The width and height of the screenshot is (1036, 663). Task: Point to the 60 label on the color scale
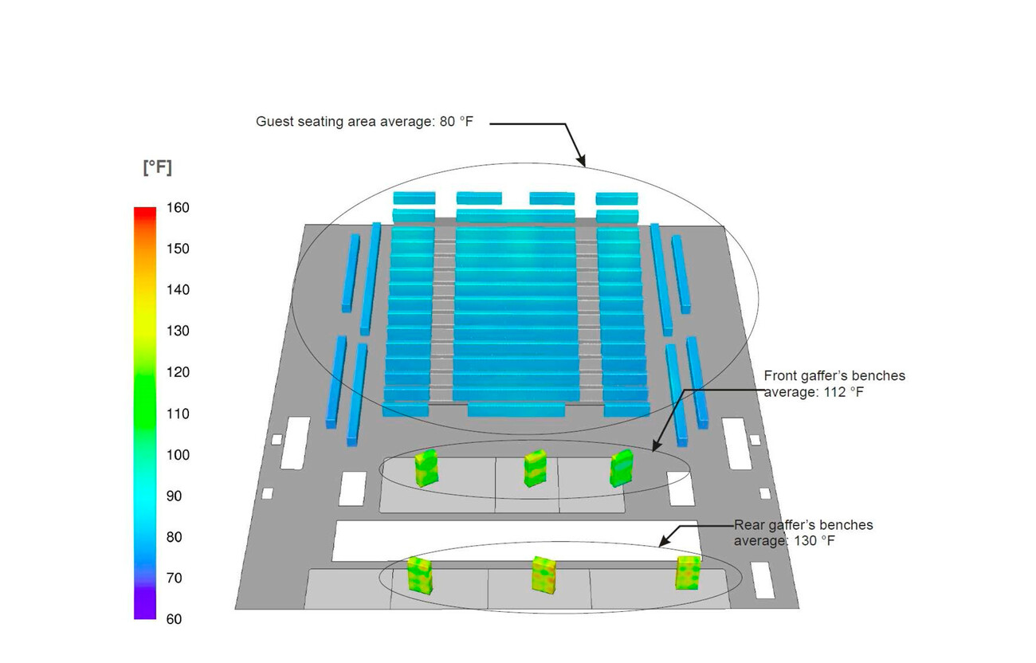tap(173, 619)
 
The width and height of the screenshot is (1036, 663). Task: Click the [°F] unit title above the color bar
tap(157, 168)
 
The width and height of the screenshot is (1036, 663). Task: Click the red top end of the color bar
tap(145, 211)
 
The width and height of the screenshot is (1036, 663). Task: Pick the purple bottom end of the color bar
tap(145, 614)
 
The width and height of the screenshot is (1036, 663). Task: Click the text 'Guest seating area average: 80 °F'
tap(364, 122)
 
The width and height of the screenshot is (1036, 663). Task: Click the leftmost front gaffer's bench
tap(426, 468)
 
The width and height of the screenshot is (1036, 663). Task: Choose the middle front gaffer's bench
tap(535, 469)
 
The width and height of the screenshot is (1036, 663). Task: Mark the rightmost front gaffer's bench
tap(621, 468)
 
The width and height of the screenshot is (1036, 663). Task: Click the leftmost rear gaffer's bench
tap(419, 575)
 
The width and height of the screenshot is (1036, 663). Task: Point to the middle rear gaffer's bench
tap(544, 574)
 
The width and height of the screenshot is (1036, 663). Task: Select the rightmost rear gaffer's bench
tap(689, 572)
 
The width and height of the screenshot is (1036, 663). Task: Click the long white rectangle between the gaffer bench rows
tap(515, 540)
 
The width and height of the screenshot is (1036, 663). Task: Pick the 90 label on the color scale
tap(173, 496)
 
